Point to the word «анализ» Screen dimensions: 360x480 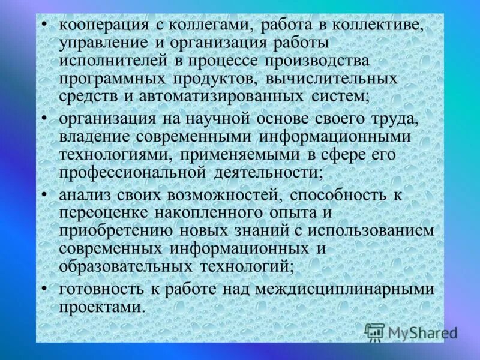[82, 194]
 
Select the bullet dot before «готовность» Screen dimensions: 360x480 [46, 288]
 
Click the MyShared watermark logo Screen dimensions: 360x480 [411, 331]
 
